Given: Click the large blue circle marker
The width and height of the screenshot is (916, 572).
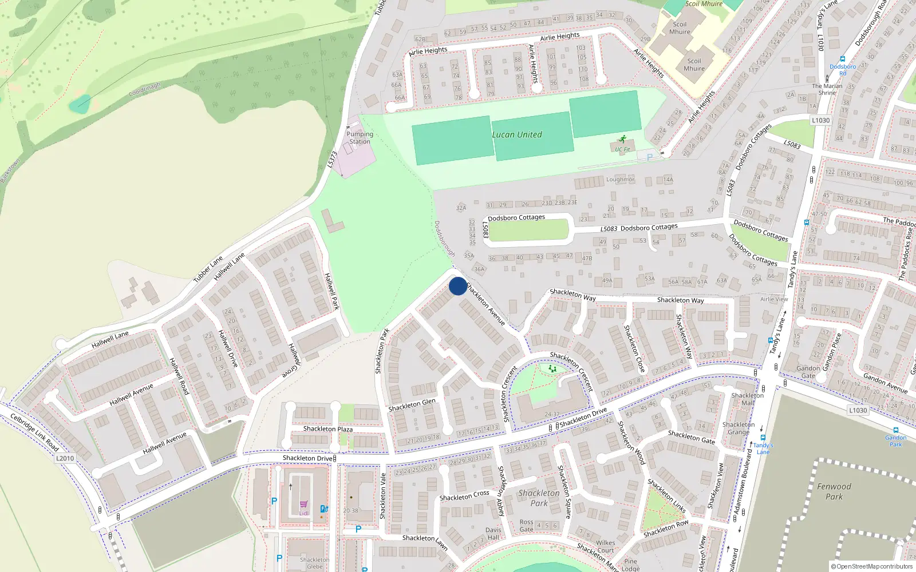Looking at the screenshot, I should (x=457, y=286).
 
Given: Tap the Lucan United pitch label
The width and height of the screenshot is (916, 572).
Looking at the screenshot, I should (x=517, y=135).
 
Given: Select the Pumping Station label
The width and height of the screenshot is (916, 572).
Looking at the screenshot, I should (x=360, y=138).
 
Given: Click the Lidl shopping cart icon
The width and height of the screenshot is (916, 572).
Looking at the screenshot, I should (x=303, y=505).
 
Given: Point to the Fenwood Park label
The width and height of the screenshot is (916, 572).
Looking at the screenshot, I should (x=834, y=491).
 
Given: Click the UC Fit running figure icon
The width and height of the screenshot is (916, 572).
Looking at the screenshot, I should (x=622, y=140).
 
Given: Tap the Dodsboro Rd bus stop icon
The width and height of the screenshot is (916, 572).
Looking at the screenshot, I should (x=842, y=59).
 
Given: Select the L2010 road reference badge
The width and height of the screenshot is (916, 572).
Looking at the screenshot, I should (x=65, y=458).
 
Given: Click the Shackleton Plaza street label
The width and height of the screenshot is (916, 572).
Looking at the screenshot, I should (x=328, y=429).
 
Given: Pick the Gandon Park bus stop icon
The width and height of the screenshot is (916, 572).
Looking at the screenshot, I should (x=895, y=430).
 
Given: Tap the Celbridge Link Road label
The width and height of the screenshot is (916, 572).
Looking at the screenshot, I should (x=35, y=432).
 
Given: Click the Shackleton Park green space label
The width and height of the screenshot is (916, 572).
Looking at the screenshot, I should (x=539, y=498).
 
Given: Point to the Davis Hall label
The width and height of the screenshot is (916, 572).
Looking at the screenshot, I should (x=493, y=533).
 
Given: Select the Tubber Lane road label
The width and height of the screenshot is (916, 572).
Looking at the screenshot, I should (x=208, y=269).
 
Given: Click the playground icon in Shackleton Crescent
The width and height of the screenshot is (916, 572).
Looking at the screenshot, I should (x=552, y=370).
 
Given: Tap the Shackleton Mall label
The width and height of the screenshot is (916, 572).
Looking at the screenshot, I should (x=747, y=399).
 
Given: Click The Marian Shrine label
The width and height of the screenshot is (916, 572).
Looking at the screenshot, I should (x=827, y=89).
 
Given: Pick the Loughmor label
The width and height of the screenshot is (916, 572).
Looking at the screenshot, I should (x=620, y=180).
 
